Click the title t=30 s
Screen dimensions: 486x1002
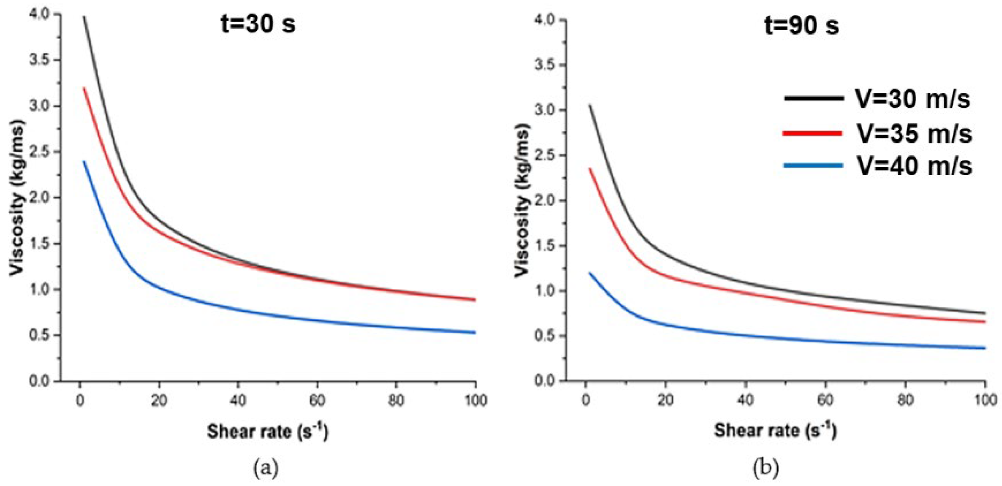point(258,24)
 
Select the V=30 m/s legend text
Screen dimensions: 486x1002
point(912,99)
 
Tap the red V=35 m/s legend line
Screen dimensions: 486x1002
point(812,133)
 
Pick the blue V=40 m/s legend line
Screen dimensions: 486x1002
point(812,166)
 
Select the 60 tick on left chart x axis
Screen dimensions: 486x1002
point(317,400)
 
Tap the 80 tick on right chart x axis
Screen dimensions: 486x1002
point(905,399)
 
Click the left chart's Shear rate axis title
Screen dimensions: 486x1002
point(267,431)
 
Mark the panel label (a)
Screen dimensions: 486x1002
point(266,467)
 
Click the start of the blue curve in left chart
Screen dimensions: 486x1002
point(84,162)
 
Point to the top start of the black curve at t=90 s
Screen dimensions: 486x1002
point(590,105)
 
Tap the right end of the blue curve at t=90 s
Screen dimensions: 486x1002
point(984,348)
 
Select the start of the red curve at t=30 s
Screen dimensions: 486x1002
point(84,88)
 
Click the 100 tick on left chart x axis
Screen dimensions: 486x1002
point(476,400)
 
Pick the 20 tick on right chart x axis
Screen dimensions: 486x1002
point(665,399)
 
